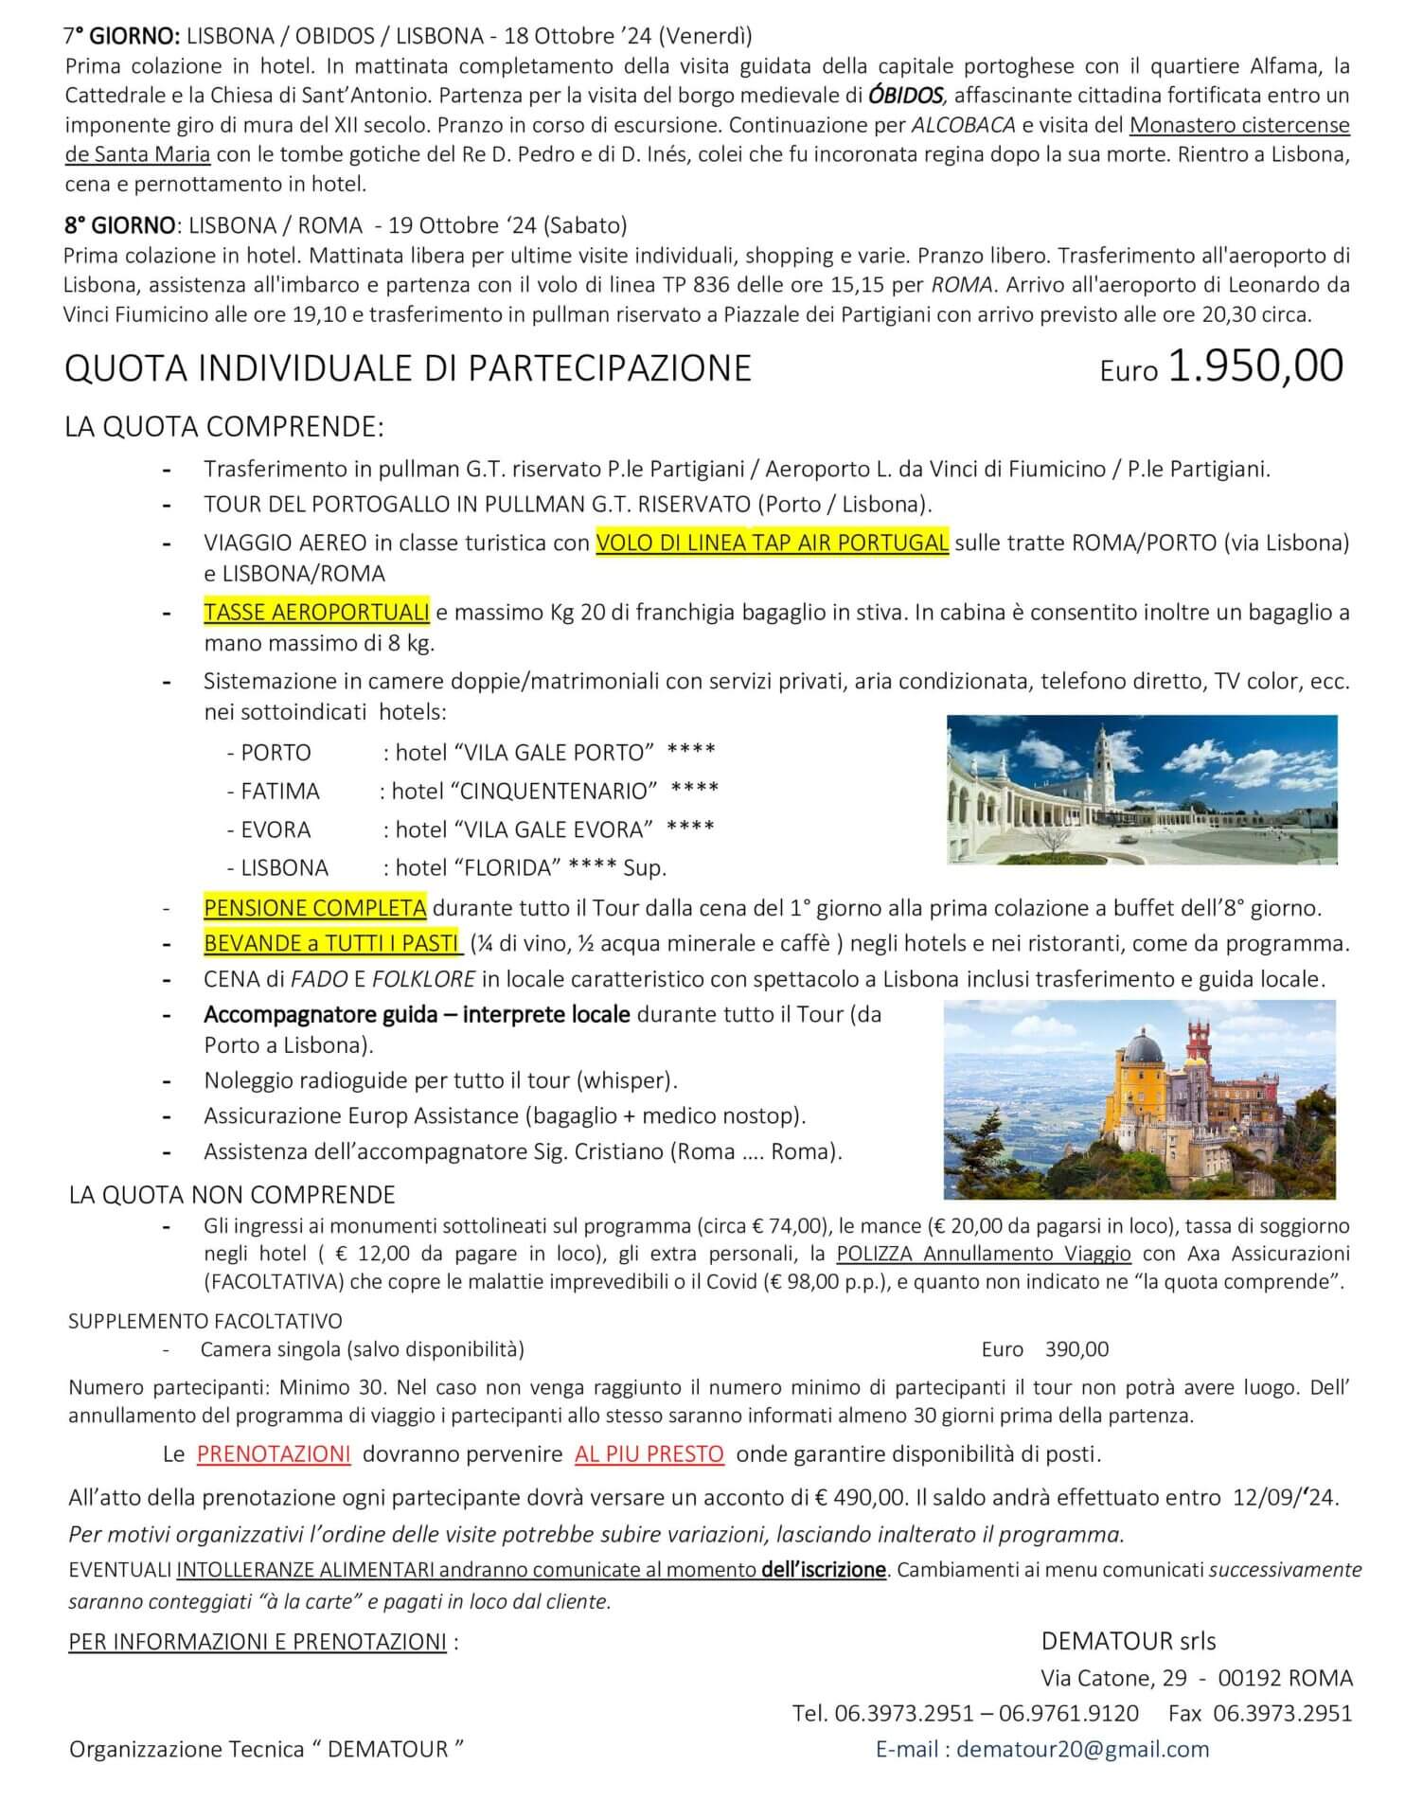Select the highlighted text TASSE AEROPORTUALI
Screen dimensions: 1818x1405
(316, 613)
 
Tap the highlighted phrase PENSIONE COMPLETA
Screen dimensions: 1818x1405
(314, 908)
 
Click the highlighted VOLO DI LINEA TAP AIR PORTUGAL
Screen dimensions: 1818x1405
(772, 543)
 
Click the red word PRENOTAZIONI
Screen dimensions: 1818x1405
(274, 1453)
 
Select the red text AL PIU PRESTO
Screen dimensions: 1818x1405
(649, 1453)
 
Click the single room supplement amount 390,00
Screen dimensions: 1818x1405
(1076, 1349)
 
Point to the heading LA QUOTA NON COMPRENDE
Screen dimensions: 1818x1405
(232, 1195)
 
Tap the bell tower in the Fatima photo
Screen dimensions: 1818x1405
(1103, 757)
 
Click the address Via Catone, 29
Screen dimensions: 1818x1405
(1113, 1679)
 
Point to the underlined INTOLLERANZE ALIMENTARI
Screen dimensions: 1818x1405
(305, 1570)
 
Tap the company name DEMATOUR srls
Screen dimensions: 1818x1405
(1129, 1641)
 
